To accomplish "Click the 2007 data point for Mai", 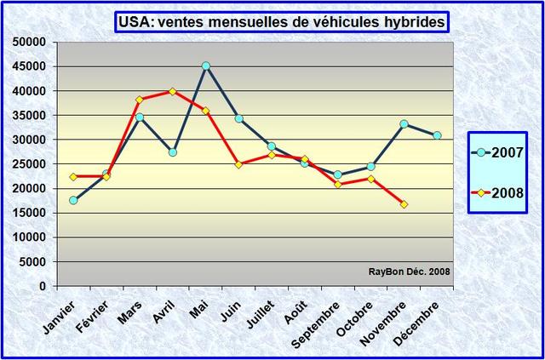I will tap(205, 66).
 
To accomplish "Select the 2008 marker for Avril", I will tap(173, 91).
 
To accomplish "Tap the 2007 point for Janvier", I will tap(73, 200).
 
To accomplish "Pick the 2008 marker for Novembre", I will tap(404, 204).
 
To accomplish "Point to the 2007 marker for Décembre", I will tap(437, 135).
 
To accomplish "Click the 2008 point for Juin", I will tap(238, 164).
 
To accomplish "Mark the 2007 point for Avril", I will tap(173, 152).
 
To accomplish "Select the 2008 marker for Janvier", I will tap(73, 177).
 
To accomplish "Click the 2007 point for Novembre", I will tap(404, 124).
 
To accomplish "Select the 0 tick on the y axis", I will tap(43, 287).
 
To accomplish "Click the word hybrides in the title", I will tap(413, 23).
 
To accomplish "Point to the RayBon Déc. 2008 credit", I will tap(410, 272).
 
